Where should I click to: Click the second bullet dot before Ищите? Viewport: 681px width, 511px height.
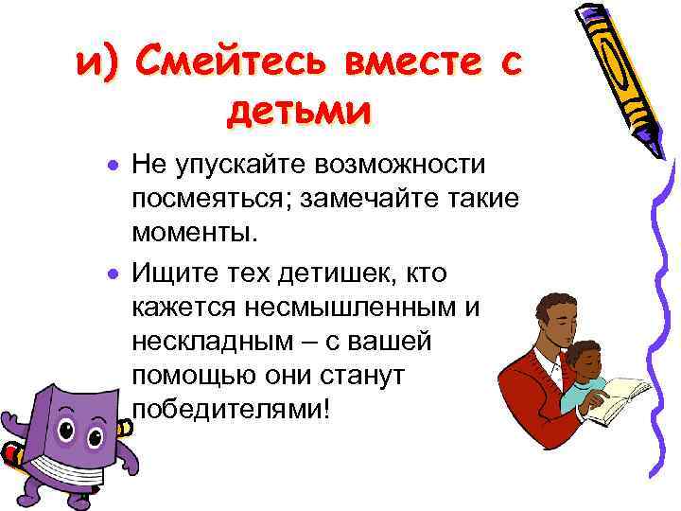pyautogui.click(x=112, y=274)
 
